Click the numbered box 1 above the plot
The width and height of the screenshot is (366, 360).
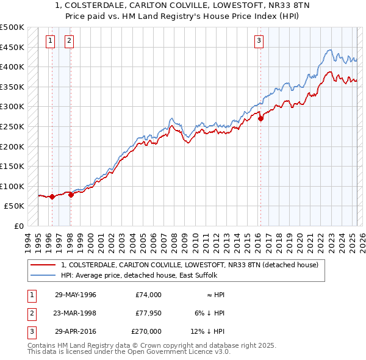[x=50, y=41]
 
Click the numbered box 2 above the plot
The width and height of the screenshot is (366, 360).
[x=70, y=41]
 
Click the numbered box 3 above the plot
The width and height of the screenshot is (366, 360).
[x=259, y=41]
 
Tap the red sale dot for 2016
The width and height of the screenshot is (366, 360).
[x=260, y=119]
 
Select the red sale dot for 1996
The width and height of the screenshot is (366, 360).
[x=52, y=196]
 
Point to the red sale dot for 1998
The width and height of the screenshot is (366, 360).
[x=71, y=195]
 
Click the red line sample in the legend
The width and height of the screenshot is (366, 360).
[x=44, y=265]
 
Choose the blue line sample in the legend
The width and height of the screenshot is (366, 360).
[x=44, y=275]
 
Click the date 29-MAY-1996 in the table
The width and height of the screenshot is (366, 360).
[x=76, y=295]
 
